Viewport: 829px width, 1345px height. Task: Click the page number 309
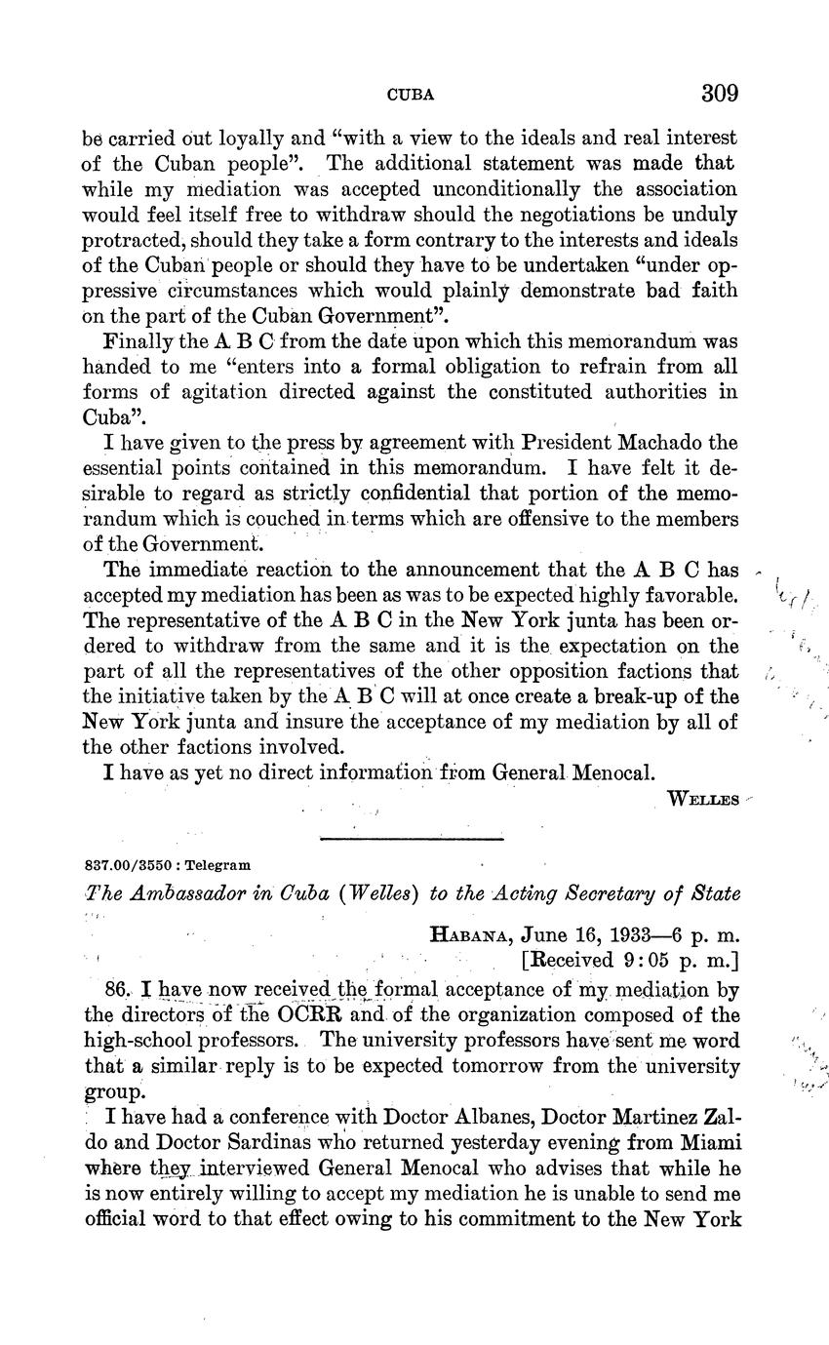pos(719,94)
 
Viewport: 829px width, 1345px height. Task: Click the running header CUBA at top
pos(411,96)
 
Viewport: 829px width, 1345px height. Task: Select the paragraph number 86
pos(115,989)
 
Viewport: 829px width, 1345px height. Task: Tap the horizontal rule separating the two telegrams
pos(412,838)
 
